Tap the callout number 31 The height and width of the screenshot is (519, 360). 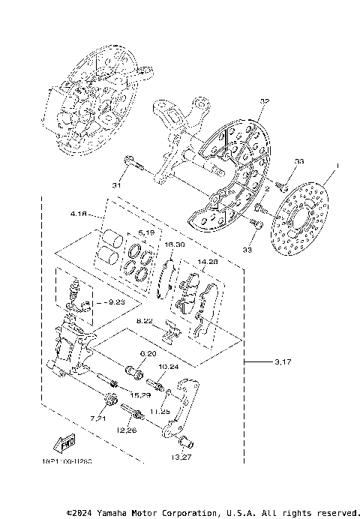coord(116,184)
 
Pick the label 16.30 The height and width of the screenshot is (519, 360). coord(174,244)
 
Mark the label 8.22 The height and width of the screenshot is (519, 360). coord(145,321)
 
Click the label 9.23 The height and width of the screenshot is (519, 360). coord(115,301)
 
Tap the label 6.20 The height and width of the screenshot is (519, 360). coord(147,353)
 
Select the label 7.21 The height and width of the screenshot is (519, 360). coord(99,416)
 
